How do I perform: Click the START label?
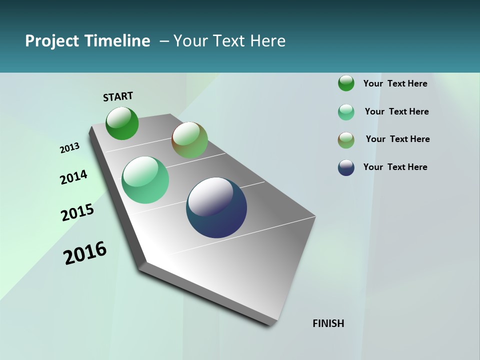coord(118,96)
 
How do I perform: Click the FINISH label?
coord(328,323)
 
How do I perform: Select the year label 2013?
coord(69,148)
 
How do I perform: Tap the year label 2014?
coord(73,177)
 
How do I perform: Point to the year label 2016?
coord(85,252)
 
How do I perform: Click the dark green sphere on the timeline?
coord(122,123)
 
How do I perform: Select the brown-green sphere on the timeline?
coord(189,140)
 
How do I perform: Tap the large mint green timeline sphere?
coord(145,180)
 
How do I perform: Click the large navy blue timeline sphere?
coord(216,207)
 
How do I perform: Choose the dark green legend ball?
coord(346,83)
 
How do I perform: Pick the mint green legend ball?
coord(346,112)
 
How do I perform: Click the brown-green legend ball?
coord(346,140)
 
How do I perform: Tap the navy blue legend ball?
coord(346,167)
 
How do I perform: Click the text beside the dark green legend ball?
coord(395,83)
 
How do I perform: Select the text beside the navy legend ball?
coord(395,167)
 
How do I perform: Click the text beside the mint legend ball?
coord(396,111)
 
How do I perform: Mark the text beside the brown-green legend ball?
coord(397,139)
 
